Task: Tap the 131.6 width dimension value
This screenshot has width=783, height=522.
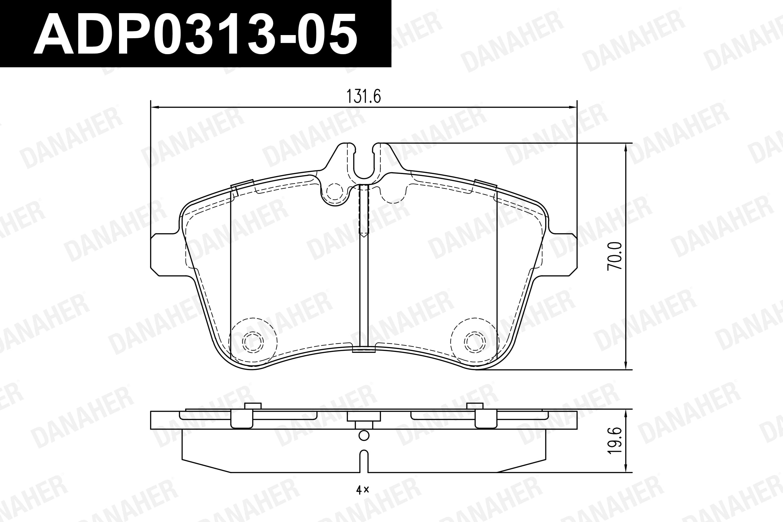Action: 364,96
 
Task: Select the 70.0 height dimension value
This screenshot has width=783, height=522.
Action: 614,256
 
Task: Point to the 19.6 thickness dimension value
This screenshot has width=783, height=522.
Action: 614,441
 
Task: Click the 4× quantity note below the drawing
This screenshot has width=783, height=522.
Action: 363,489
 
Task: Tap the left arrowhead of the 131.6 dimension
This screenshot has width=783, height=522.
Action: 155,107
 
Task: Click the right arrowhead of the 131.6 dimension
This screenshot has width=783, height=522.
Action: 572,107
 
